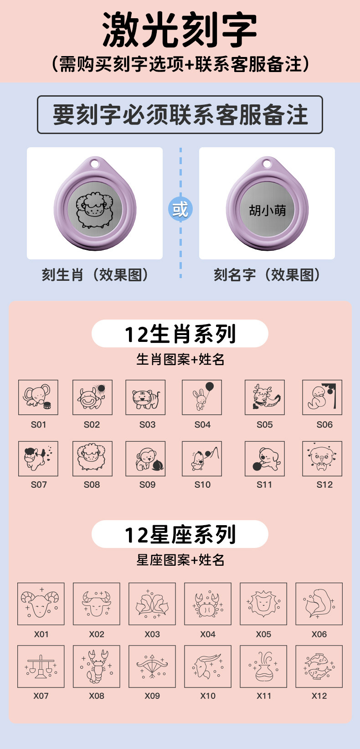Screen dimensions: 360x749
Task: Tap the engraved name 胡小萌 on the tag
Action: tap(267, 210)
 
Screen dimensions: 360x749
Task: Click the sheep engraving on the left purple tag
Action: tap(95, 210)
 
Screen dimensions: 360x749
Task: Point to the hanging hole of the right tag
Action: tap(267, 164)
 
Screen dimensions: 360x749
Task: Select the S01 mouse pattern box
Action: tap(38, 397)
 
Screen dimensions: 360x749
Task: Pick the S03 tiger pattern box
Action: tap(145, 397)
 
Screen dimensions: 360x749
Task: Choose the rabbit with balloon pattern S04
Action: tap(202, 397)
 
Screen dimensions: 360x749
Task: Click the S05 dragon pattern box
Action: tap(265, 397)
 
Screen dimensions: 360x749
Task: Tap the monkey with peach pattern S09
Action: tap(145, 459)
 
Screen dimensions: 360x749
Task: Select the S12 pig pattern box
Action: tap(322, 459)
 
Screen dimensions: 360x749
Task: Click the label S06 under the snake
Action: tap(324, 425)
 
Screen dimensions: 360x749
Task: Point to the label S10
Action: tap(203, 485)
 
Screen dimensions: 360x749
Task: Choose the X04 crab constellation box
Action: tap(208, 604)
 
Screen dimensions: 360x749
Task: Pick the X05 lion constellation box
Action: tap(263, 604)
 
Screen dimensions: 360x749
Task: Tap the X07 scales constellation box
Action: tap(41, 666)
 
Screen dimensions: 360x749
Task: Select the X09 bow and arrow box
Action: tap(152, 666)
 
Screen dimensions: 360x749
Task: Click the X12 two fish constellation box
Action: tap(319, 666)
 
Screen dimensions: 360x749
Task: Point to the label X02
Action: tap(97, 634)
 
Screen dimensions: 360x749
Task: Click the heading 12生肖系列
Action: tap(180, 334)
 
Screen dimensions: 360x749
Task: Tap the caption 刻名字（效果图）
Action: tap(267, 275)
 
